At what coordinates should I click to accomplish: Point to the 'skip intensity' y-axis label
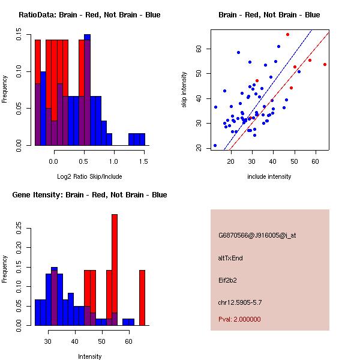tap(184, 90)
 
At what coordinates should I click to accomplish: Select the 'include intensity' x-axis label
tap(269, 176)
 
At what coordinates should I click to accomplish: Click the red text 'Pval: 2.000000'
tap(239, 319)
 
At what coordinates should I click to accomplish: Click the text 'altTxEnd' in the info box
tap(231, 258)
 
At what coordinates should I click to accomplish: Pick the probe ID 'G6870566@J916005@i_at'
tap(257, 235)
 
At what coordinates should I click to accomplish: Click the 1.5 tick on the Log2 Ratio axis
tap(144, 161)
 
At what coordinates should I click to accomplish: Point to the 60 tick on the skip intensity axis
tap(199, 48)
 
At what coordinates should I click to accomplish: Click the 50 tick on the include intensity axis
tap(294, 161)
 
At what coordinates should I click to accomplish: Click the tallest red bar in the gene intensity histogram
tap(114, 270)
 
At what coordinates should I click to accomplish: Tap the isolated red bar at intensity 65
tap(142, 298)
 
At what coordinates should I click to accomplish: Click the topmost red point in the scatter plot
tap(287, 34)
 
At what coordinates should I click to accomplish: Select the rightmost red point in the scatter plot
tap(325, 64)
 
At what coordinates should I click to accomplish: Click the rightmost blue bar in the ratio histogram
tap(142, 139)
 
